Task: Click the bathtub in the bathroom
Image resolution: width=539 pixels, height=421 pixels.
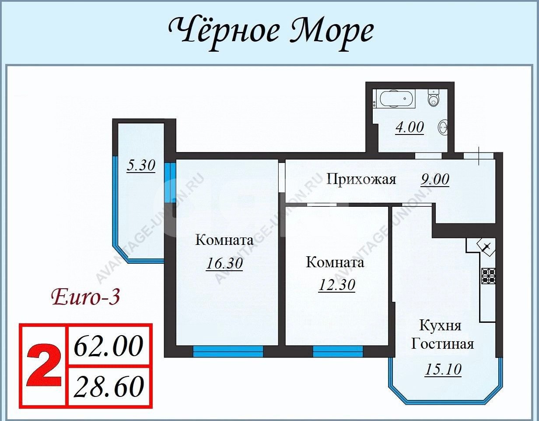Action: click(x=396, y=99)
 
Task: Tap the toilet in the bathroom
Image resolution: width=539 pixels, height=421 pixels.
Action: click(x=433, y=99)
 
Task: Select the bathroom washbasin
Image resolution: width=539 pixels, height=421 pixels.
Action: click(x=443, y=128)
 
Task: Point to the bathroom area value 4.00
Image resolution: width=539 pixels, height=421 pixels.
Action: click(x=409, y=127)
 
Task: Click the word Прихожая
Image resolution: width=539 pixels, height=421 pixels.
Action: click(x=361, y=179)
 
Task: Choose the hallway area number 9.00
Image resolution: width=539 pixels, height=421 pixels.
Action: click(x=434, y=179)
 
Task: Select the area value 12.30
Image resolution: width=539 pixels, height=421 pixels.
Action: click(x=336, y=285)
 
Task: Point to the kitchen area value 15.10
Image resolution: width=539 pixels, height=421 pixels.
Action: click(x=443, y=369)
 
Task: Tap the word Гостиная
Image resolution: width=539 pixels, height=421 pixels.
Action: click(x=442, y=343)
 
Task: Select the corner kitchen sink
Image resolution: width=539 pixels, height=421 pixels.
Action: click(x=486, y=247)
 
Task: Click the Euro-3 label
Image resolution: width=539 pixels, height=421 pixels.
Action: click(x=86, y=297)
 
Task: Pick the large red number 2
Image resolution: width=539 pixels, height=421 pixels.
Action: click(x=43, y=366)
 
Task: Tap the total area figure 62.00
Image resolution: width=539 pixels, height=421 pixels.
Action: click(x=108, y=346)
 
